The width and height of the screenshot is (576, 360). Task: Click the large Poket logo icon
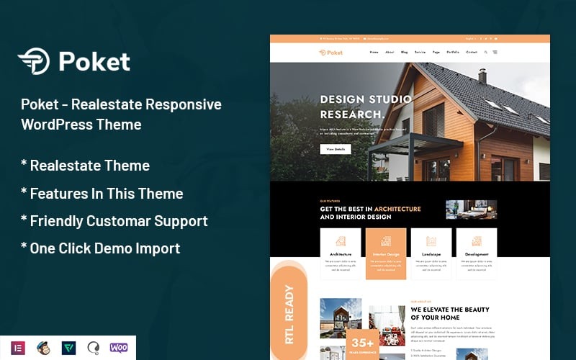(34, 61)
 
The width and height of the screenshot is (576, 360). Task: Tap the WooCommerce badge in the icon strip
(119, 348)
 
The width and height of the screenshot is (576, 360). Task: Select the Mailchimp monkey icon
(44, 348)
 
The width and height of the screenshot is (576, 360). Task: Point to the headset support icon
(94, 348)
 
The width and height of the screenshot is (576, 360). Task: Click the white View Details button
(336, 149)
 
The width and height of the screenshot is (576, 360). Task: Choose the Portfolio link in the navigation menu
(452, 53)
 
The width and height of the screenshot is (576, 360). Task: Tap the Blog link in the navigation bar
(405, 53)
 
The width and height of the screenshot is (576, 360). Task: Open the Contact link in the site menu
(472, 53)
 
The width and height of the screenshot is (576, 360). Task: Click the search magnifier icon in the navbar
(486, 53)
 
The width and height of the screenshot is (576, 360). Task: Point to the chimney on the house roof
(482, 76)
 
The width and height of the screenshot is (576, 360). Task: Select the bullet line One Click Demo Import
(101, 248)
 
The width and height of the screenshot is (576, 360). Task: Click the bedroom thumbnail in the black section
(471, 210)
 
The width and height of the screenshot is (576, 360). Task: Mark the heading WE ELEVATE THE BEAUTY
(450, 310)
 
